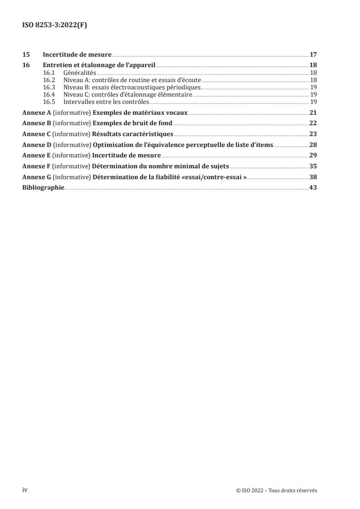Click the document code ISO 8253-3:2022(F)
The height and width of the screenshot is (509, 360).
54,25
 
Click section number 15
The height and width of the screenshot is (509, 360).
26,55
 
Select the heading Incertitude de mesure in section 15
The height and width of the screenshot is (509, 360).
77,55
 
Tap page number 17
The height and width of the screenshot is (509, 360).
313,55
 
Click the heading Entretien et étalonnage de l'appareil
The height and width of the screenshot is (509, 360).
99,65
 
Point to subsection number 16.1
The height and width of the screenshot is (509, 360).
49,73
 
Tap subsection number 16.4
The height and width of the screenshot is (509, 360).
49,94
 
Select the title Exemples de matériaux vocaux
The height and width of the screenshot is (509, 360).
140,113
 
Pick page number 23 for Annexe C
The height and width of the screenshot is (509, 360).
313,134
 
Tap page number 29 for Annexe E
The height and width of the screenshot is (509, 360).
313,155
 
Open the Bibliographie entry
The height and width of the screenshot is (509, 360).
43,187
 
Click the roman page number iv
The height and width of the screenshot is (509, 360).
25,490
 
